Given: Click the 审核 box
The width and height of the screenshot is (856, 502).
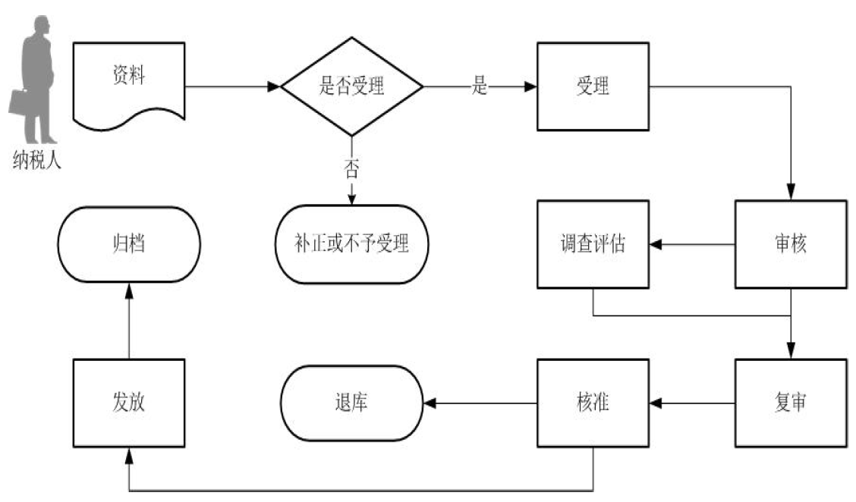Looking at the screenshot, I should click(790, 244).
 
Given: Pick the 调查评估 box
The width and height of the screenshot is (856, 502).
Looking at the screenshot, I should click(593, 244).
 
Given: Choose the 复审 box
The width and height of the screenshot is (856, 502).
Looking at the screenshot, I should click(790, 403).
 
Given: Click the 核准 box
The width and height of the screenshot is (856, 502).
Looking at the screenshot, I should click(593, 403).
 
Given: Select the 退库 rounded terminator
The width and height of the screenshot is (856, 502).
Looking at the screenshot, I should click(351, 403).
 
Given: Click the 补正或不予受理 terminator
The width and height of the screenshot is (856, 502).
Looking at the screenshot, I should click(351, 244).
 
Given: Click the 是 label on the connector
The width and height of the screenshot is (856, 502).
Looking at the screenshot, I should click(479, 86).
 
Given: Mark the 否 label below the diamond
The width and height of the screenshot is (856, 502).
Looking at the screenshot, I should click(351, 168).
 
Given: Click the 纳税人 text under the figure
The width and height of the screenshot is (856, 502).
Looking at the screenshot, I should click(36, 160).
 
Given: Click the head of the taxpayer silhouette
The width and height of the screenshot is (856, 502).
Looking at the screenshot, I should click(41, 25).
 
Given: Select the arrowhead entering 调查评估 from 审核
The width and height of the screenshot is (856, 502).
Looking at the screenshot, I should click(656, 244).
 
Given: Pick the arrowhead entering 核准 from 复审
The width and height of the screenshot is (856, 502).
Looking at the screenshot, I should click(656, 403).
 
